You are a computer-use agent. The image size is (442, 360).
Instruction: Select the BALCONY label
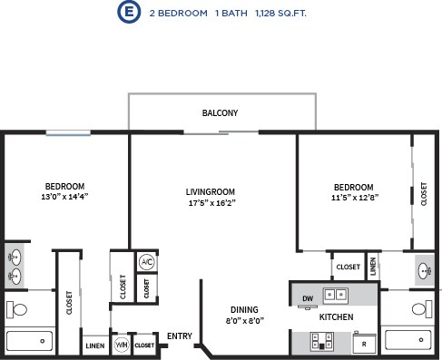(x=220, y=113)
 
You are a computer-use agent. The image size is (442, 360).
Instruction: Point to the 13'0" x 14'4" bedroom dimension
(x=64, y=196)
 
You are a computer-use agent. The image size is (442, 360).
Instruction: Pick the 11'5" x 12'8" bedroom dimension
(x=353, y=196)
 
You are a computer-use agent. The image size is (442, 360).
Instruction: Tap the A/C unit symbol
(x=146, y=262)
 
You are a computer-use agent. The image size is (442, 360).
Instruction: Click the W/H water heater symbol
(x=121, y=345)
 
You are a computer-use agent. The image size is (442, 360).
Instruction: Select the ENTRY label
(x=180, y=336)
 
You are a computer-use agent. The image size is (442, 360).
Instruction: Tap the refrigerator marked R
(x=364, y=344)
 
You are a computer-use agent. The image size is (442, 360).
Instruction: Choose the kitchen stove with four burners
(x=320, y=342)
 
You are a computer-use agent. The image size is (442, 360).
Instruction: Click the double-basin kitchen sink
(x=336, y=295)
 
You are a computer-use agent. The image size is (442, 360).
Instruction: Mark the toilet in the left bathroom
(x=16, y=310)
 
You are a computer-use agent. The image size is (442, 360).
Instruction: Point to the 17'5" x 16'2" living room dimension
(x=211, y=204)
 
